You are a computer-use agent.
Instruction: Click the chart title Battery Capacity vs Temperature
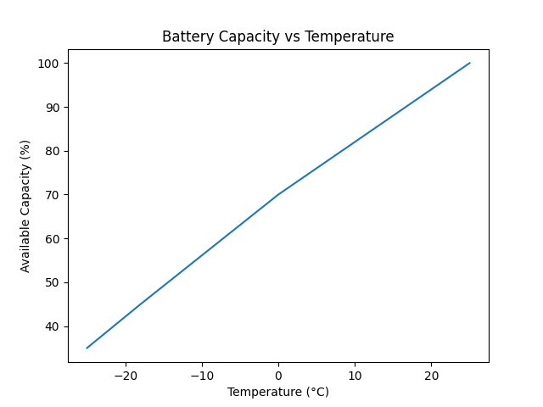[278, 36]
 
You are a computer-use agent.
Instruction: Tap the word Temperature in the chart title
[350, 36]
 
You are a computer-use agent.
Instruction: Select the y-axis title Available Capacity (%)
[25, 207]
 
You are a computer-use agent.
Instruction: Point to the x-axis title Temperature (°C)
[278, 392]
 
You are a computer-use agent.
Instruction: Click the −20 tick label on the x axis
[126, 376]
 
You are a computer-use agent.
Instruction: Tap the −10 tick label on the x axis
[202, 376]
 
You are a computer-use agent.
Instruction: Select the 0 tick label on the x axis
[278, 376]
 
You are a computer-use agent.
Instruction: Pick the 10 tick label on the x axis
[355, 376]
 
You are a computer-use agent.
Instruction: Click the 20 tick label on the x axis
[432, 376]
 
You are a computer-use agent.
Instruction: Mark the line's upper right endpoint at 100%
[470, 63]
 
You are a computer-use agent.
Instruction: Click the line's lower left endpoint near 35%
[87, 348]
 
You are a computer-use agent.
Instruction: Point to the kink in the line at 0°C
[278, 195]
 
